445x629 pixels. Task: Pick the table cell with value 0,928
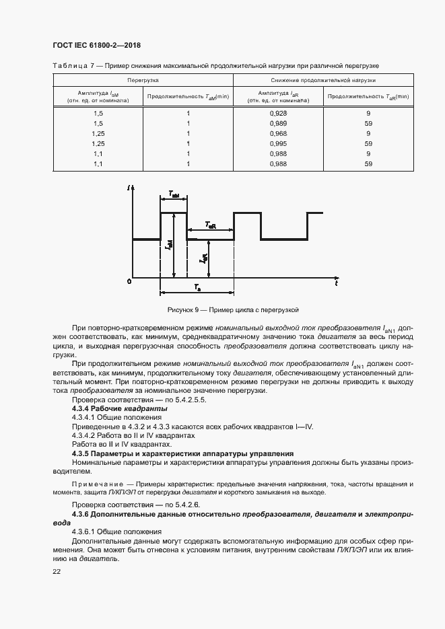click(277, 113)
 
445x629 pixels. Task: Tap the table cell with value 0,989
click(277, 124)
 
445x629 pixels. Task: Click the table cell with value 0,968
click(277, 133)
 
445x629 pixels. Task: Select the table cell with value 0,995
click(277, 143)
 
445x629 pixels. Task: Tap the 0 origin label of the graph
click(129, 281)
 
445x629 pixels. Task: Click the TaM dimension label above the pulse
click(173, 194)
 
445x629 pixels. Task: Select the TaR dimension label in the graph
click(210, 225)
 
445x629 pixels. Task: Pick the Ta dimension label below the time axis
click(197, 287)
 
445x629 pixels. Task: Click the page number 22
click(57, 571)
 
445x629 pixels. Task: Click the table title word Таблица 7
click(70, 65)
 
